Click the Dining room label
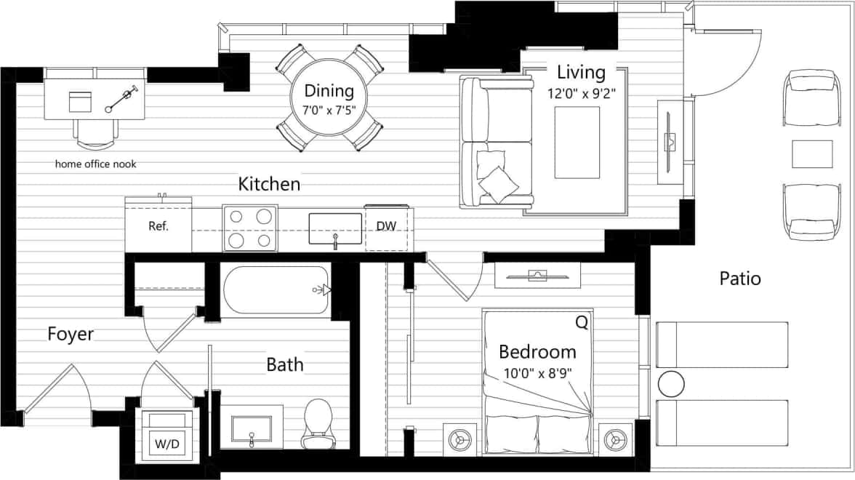[x=329, y=91]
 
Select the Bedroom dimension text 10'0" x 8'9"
[x=537, y=374]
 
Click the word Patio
[x=740, y=278]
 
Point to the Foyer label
[x=71, y=335]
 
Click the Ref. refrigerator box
[x=158, y=226]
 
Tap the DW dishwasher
[x=386, y=226]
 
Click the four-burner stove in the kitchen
[x=249, y=228]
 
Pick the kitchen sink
[x=335, y=228]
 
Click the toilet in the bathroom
[x=317, y=423]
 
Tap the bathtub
[x=276, y=290]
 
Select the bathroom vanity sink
[x=252, y=429]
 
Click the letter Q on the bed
[x=582, y=321]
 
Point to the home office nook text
[x=96, y=164]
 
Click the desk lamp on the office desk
[x=122, y=100]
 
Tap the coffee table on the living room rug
[x=577, y=142]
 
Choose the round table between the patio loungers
[x=672, y=383]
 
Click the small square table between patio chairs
[x=812, y=153]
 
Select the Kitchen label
[x=269, y=184]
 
